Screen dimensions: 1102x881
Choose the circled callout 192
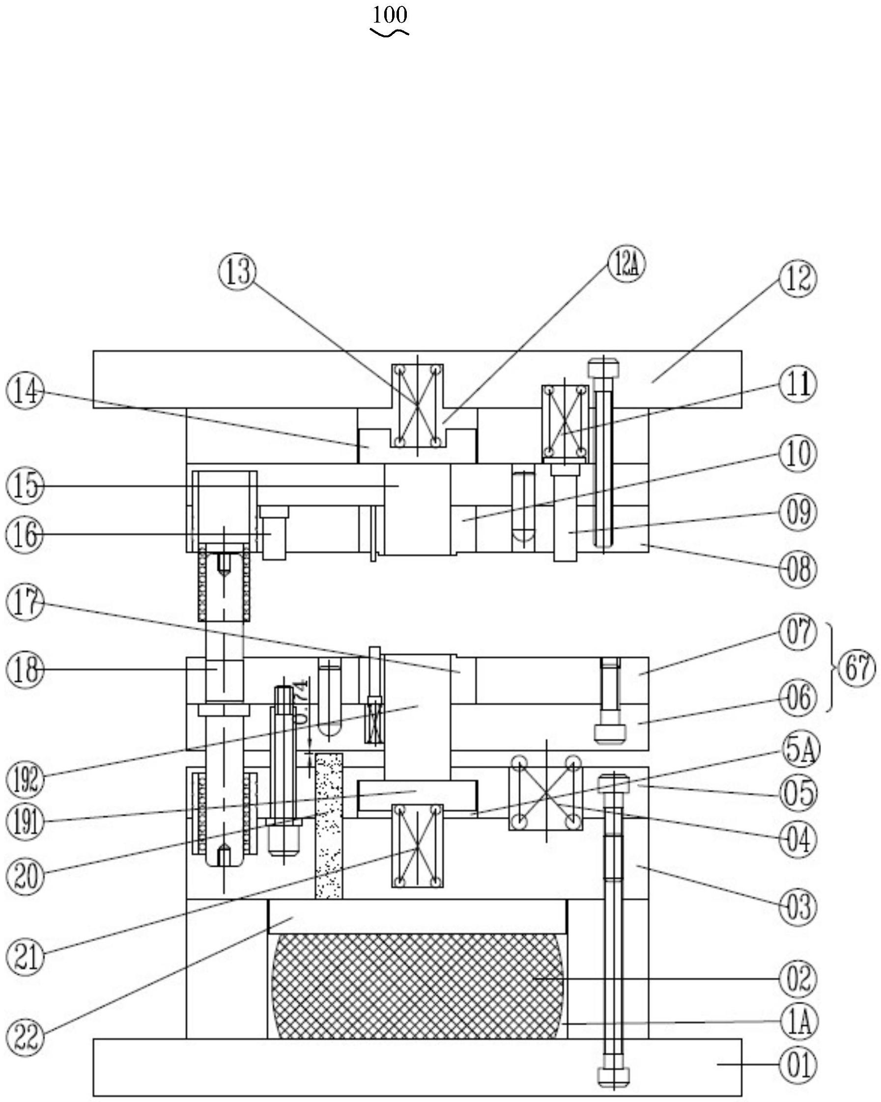pyautogui.click(x=25, y=781)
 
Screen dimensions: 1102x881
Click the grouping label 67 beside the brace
pyautogui.click(x=857, y=668)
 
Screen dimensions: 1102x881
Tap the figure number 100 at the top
pyautogui.click(x=389, y=16)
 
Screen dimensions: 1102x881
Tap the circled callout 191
pyautogui.click(x=25, y=823)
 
